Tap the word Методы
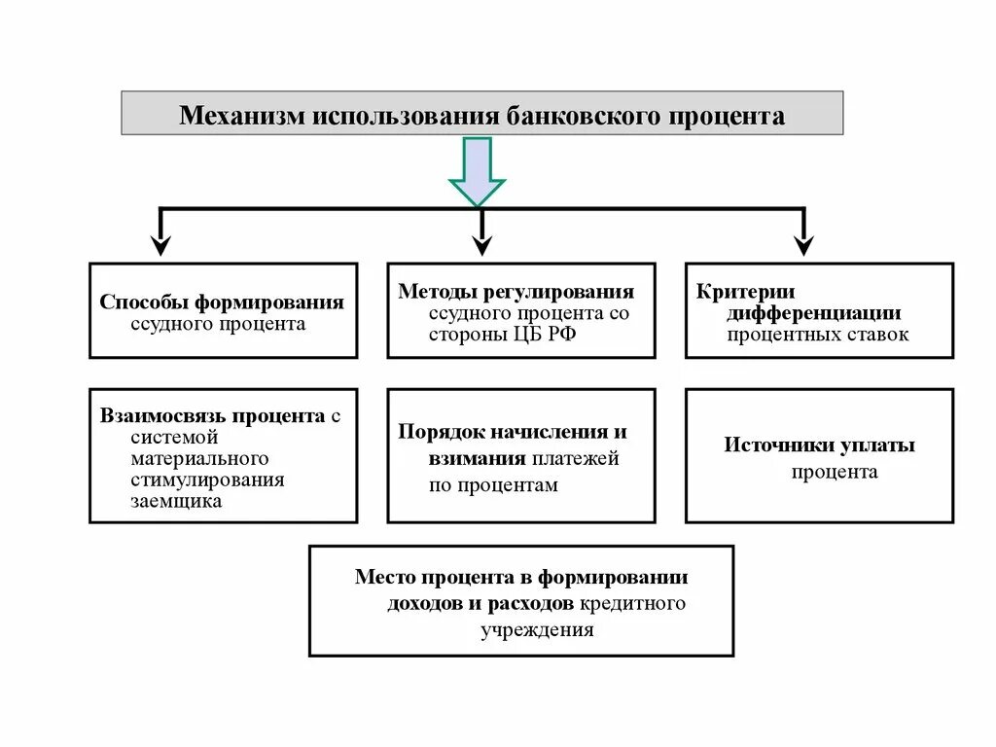432,291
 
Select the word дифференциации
813,313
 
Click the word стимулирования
207,480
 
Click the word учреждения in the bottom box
536,629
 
